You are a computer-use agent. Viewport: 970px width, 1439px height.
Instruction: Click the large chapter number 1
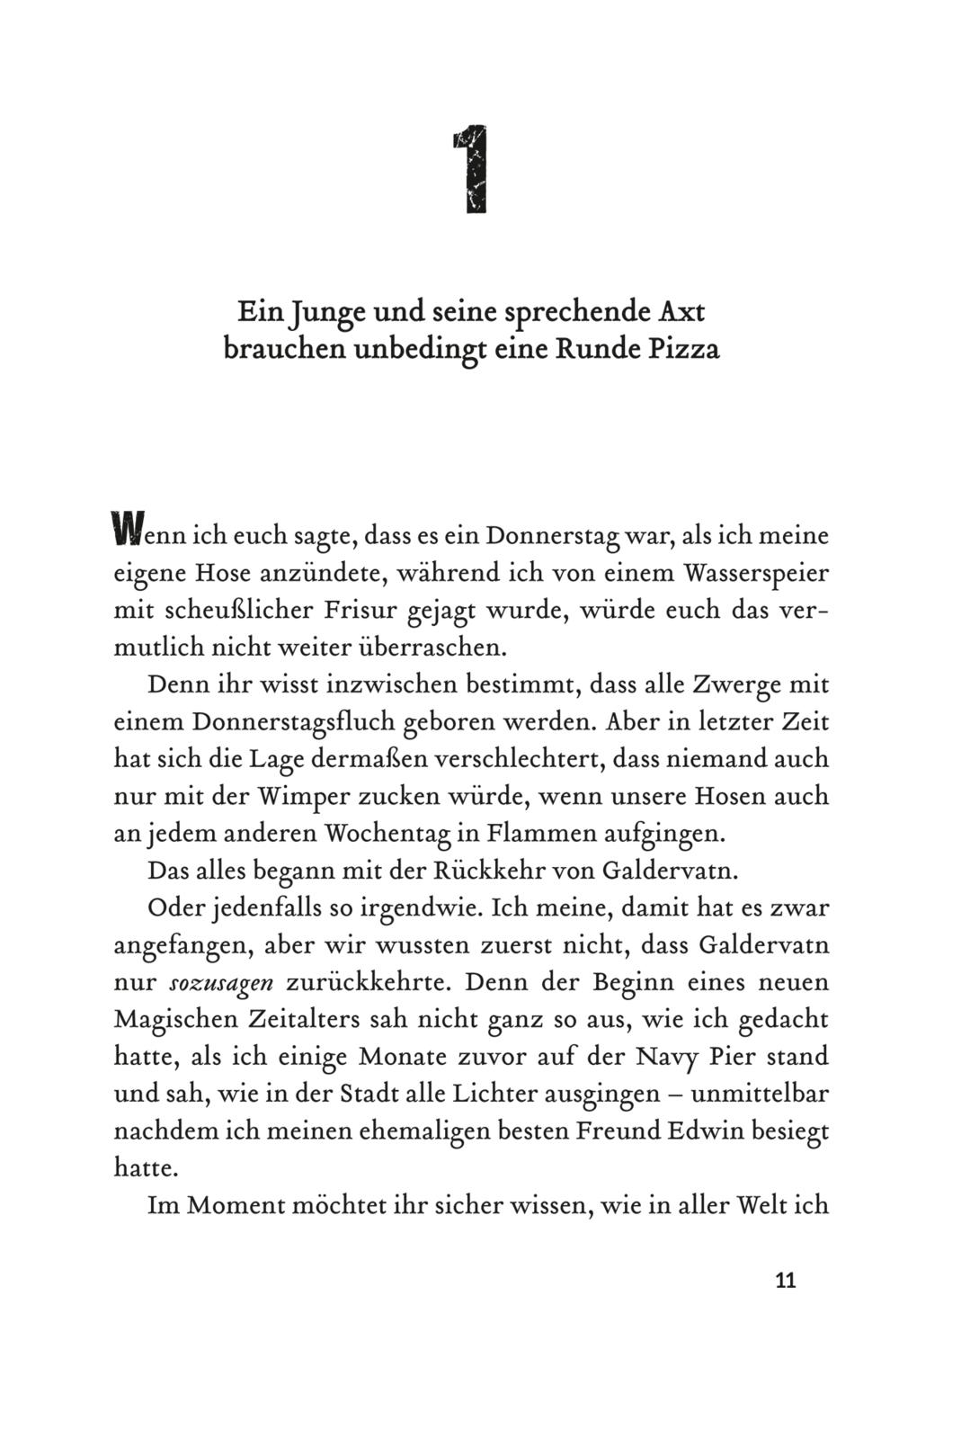[x=470, y=170]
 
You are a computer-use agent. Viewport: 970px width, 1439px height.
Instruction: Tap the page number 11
[x=785, y=1281]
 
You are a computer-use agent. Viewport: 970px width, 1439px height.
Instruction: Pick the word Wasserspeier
[x=756, y=573]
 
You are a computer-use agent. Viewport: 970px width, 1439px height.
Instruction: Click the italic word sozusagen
[x=221, y=983]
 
